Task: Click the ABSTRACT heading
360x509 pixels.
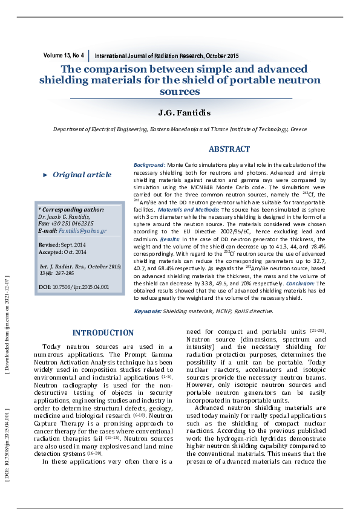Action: coord(229,149)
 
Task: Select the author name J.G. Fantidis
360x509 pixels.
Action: coord(180,113)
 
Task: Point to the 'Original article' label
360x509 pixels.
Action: coord(82,175)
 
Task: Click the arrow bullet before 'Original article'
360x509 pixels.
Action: coord(45,175)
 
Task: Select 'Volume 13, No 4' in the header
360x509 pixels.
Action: coord(64,56)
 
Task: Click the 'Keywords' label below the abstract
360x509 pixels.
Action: coord(147,311)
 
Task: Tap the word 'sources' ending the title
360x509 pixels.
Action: coord(180,92)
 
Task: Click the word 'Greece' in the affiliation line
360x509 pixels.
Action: coord(298,129)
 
